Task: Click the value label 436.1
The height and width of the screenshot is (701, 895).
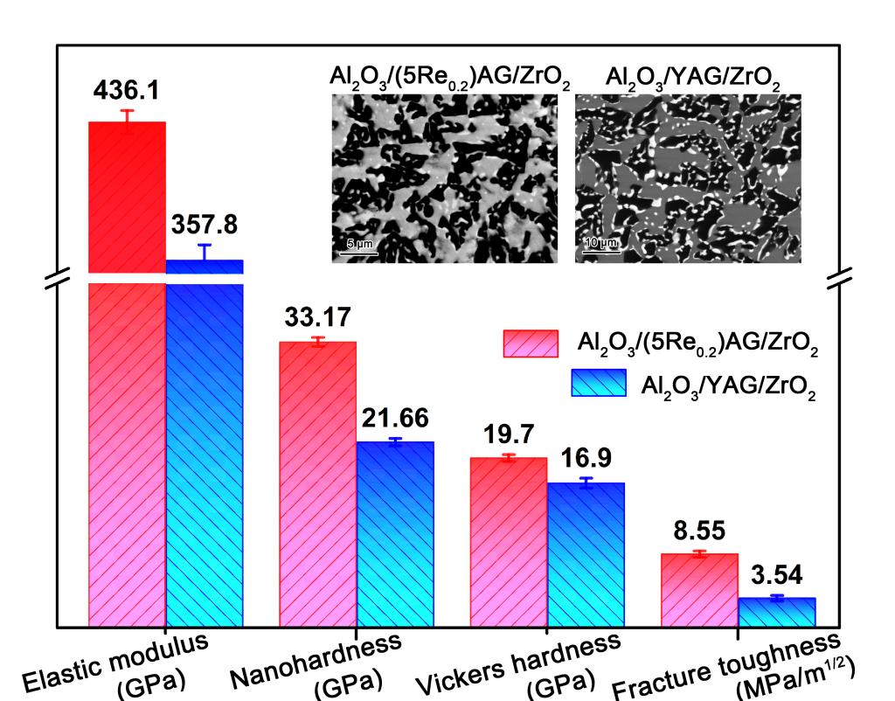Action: pyautogui.click(x=128, y=90)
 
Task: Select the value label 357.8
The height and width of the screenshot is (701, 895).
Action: pyautogui.click(x=204, y=226)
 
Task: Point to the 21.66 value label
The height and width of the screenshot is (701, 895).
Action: pyautogui.click(x=395, y=419)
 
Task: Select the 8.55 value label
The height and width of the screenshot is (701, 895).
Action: pyautogui.click(x=699, y=531)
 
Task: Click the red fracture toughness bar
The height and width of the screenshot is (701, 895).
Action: pyautogui.click(x=699, y=591)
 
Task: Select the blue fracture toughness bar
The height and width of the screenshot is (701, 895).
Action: pyautogui.click(x=776, y=613)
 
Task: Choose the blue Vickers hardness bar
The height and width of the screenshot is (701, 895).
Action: pyautogui.click(x=586, y=555)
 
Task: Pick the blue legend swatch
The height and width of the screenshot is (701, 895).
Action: pyautogui.click(x=599, y=383)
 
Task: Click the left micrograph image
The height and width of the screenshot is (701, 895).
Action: pyautogui.click(x=444, y=177)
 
